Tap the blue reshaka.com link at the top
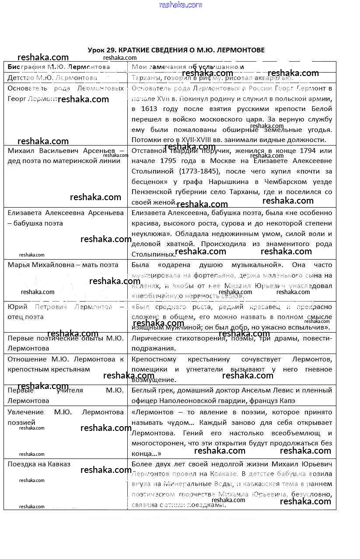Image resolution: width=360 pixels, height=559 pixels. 180,5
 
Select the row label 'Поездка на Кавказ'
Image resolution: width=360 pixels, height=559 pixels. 39,464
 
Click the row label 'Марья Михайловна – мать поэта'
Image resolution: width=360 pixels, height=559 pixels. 63,265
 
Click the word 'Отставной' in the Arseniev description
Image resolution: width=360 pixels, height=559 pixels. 147,151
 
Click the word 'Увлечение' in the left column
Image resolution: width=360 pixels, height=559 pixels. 25,412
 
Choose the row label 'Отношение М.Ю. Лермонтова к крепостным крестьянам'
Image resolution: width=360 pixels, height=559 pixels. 66,364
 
